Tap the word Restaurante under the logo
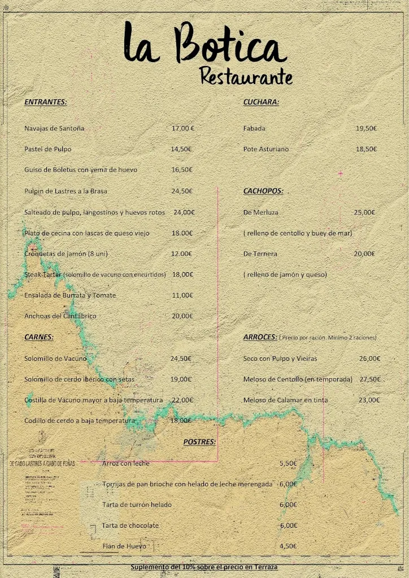[246, 76]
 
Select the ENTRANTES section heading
[45, 102]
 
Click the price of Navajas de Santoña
[182, 128]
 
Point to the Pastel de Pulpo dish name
[47, 149]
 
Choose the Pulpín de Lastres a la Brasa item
[66, 191]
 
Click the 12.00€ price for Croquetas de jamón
[181, 253]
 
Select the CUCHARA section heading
[261, 102]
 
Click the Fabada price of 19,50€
[366, 128]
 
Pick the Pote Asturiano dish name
[266, 149]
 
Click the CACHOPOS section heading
[263, 191]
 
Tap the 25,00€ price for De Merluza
[364, 212]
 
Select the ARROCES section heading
[260, 337]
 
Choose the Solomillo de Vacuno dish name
[55, 358]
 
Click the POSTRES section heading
[199, 441]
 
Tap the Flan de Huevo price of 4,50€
[288, 546]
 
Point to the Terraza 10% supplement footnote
[204, 566]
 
